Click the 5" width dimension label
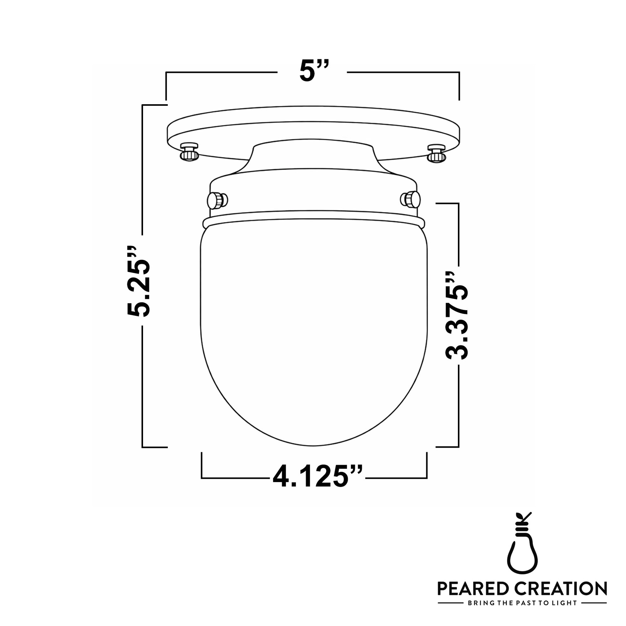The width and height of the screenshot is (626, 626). pos(313,71)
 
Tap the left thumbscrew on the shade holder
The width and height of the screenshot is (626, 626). pos(218,200)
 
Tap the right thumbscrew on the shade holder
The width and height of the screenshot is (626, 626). pos(411,199)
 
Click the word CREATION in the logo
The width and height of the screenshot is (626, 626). pos(560,589)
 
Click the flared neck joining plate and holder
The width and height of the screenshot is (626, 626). pos(313,156)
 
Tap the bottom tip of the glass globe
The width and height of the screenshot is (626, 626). pos(313,445)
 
